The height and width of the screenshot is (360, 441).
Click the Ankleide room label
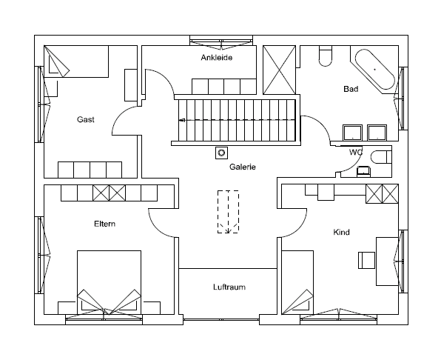click(217, 58)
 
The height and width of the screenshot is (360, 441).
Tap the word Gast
click(86, 119)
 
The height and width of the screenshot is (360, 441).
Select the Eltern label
click(104, 224)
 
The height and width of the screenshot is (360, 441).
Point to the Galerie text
click(243, 167)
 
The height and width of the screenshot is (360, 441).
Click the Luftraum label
click(229, 287)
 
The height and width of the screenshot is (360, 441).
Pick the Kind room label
click(341, 232)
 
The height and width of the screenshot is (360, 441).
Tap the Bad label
click(351, 89)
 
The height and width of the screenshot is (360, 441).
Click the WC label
click(356, 153)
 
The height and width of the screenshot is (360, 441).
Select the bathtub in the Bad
click(375, 70)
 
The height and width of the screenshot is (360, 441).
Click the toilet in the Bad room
click(326, 58)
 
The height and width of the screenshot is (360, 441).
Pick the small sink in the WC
click(363, 171)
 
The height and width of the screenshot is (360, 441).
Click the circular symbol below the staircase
click(222, 153)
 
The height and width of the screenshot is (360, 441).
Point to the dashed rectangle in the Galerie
click(228, 212)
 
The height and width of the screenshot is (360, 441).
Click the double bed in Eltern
click(109, 282)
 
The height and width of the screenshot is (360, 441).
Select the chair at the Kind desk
click(366, 260)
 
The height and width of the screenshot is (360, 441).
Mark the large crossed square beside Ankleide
click(279, 70)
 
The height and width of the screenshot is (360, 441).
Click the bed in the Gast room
click(76, 61)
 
